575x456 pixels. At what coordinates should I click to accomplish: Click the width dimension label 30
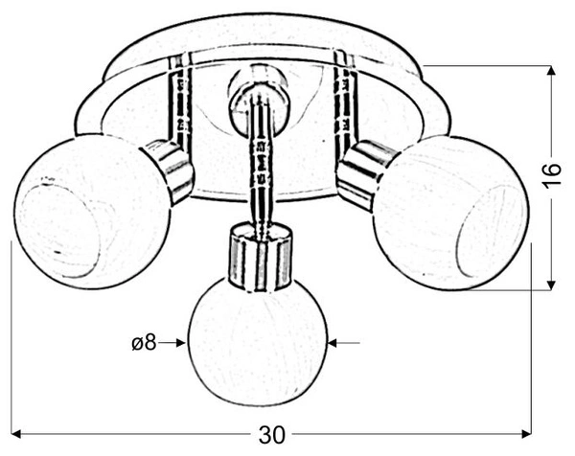coord(272,435)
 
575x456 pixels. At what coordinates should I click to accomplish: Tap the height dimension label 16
coord(552,175)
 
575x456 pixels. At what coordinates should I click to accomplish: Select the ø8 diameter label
coord(144,343)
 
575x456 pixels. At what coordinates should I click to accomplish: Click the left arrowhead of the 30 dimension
coord(16,434)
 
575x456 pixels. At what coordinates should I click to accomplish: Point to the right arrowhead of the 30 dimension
coord(526,434)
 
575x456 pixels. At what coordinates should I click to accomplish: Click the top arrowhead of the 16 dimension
coord(550,70)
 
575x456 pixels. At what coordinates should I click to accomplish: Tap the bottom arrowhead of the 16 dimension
coord(550,285)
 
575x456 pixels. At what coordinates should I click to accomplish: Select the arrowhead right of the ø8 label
coord(181,343)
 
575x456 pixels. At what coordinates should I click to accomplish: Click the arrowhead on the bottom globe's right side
coord(333,343)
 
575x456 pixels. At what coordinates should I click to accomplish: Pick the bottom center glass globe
coord(258,342)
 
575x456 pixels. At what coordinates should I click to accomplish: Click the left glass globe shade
coord(91,212)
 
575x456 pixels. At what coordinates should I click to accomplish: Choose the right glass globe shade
coord(451,214)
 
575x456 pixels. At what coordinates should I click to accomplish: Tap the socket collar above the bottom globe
coord(261,258)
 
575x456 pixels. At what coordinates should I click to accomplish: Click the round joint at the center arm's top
coord(257,99)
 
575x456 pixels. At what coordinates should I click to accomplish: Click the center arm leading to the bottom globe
coord(261,165)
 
